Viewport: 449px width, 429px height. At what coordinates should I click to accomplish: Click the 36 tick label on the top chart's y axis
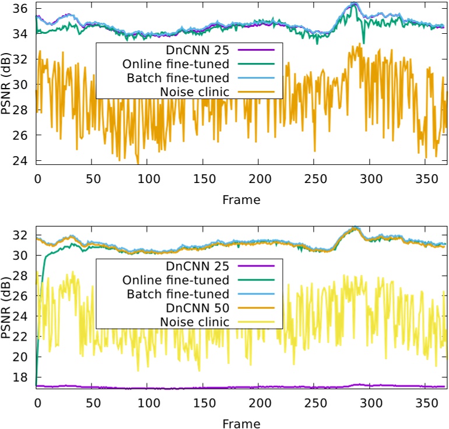click(x=21, y=8)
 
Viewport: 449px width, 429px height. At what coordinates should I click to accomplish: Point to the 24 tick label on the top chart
click(x=21, y=160)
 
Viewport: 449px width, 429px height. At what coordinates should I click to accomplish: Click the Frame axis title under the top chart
click(x=241, y=199)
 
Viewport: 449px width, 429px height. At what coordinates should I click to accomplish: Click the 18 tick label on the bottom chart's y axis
click(x=21, y=378)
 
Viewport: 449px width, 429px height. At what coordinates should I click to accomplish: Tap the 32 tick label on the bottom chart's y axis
click(x=21, y=235)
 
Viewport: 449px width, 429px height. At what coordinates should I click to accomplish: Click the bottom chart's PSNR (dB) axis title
click(x=6, y=309)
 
